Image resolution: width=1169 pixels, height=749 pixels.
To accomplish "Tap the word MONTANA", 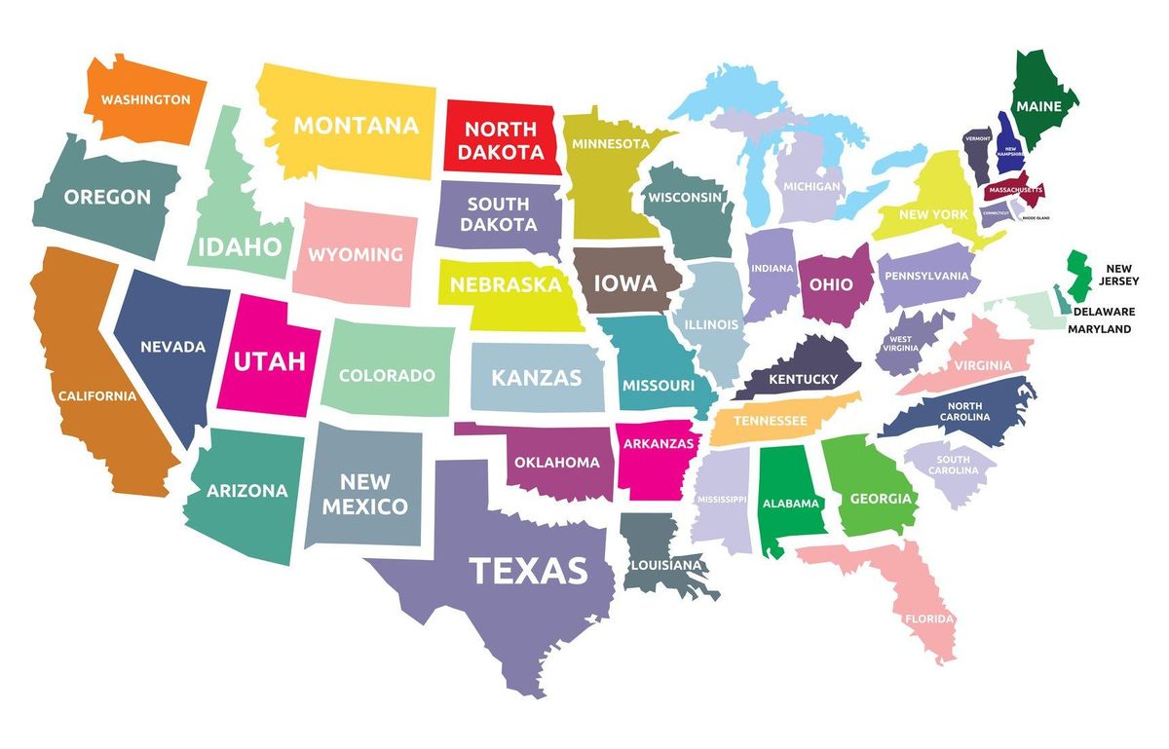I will pyautogui.click(x=356, y=126).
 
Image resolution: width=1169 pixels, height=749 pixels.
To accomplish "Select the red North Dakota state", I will pyautogui.click(x=501, y=140).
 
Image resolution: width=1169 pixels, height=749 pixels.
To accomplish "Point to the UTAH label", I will pyautogui.click(x=269, y=361).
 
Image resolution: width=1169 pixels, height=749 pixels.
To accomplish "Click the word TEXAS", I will pyautogui.click(x=529, y=570).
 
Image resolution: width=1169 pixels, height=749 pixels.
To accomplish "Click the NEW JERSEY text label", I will pyautogui.click(x=1119, y=275).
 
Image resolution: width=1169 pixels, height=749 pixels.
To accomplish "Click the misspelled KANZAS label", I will pyautogui.click(x=536, y=377).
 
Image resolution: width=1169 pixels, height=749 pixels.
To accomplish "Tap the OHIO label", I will pyautogui.click(x=831, y=285).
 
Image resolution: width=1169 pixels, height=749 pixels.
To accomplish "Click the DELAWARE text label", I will pyautogui.click(x=1104, y=312).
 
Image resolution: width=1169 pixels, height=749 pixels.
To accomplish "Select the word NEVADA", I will pyautogui.click(x=172, y=347).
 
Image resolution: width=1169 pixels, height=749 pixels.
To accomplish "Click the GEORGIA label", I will pyautogui.click(x=881, y=499).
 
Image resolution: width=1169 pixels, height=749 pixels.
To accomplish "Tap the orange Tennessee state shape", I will pyautogui.click(x=771, y=420).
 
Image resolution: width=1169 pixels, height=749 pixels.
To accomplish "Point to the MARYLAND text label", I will pyautogui.click(x=1099, y=329).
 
